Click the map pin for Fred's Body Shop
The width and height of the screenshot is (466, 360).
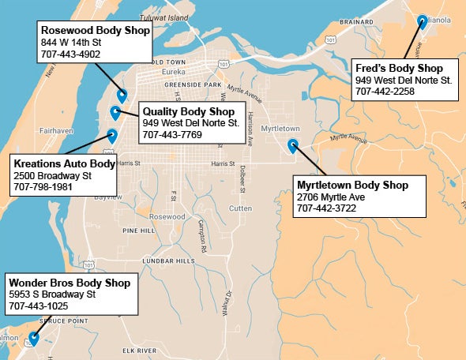(x=422, y=22)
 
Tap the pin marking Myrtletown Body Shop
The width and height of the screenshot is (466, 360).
(x=293, y=144)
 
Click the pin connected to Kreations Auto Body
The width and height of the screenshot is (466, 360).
(x=111, y=135)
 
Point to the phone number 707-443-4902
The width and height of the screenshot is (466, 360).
(x=70, y=54)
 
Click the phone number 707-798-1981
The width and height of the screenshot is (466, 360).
(x=43, y=188)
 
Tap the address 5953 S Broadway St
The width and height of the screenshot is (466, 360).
(x=51, y=294)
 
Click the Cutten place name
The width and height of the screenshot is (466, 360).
(x=239, y=208)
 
